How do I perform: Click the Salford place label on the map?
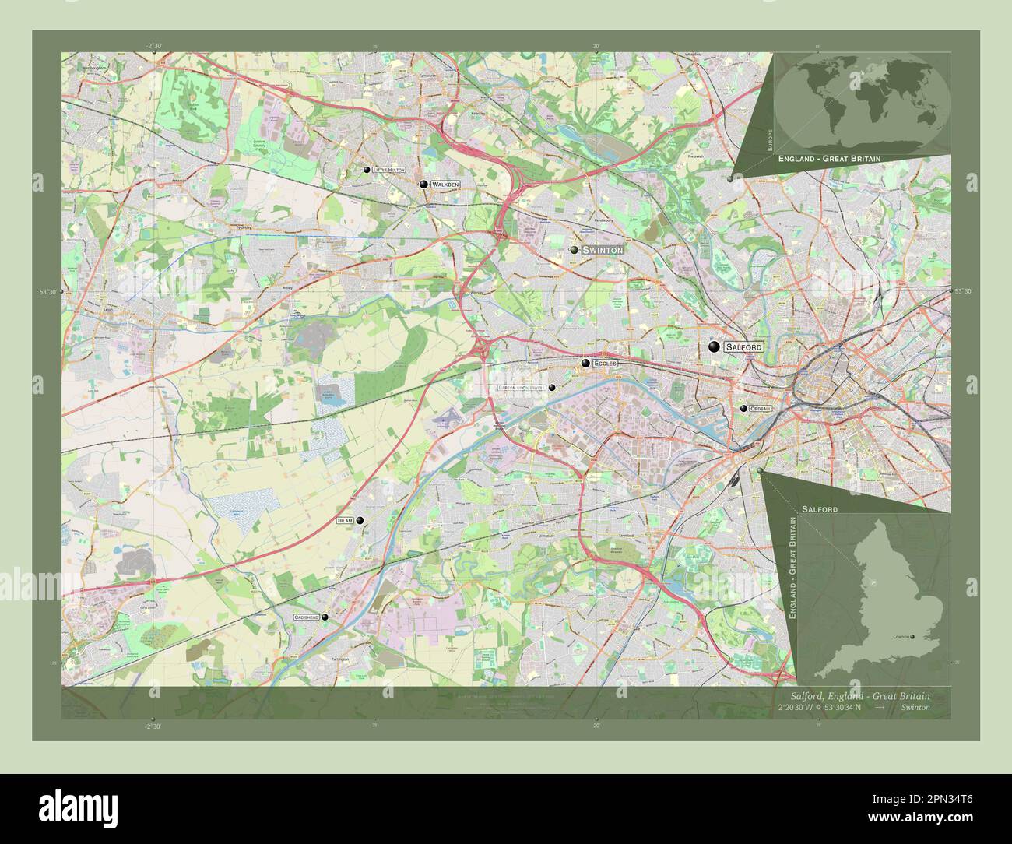pos(743,346)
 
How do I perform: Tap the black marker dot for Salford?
pos(714,346)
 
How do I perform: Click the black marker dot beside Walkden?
pos(423,185)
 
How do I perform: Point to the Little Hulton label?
pos(388,169)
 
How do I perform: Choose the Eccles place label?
pos(605,364)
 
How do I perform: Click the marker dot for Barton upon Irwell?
pos(552,387)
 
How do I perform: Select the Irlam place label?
pos(345,520)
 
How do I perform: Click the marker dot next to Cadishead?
pos(325,617)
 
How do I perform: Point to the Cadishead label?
pos(306,617)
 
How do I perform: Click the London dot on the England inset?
pos(913,637)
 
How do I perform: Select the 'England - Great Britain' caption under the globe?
pos(829,158)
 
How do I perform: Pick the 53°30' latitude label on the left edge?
pos(48,292)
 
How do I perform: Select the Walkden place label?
pos(445,185)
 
